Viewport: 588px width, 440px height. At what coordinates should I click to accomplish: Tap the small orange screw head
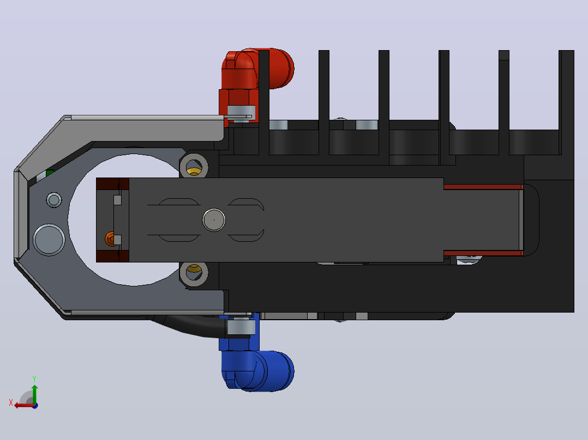pyautogui.click(x=110, y=239)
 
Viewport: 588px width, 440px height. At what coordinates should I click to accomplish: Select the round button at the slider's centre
pyautogui.click(x=214, y=220)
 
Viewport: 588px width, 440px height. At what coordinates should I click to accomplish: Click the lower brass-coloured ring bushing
pyautogui.click(x=194, y=273)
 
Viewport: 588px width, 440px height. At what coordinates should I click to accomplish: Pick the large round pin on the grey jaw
pyautogui.click(x=49, y=240)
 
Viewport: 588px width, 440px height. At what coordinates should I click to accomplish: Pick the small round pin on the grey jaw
pyautogui.click(x=53, y=200)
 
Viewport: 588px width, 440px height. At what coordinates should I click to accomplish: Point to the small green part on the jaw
pyautogui.click(x=50, y=173)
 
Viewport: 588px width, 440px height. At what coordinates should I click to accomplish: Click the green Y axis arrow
pyautogui.click(x=34, y=394)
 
